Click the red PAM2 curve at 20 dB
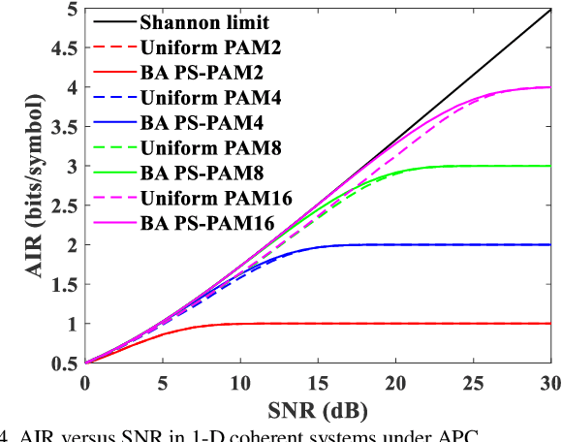click(x=396, y=324)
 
